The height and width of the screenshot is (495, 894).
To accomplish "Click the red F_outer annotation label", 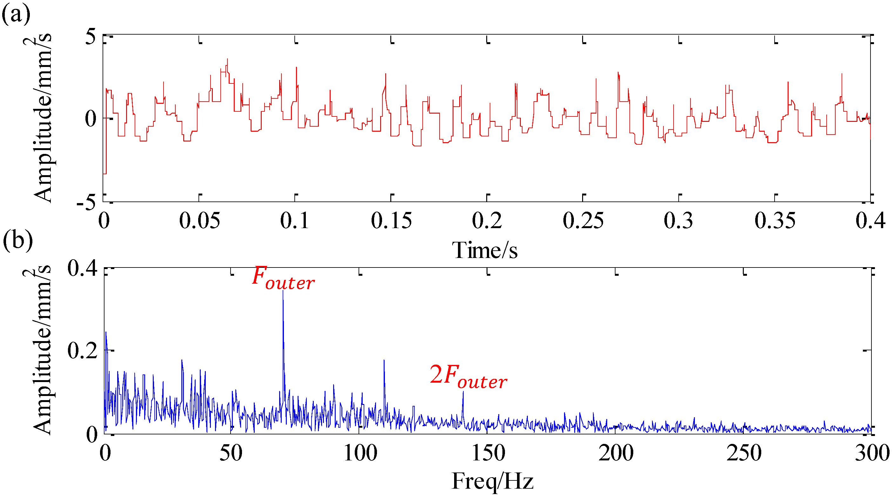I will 283,278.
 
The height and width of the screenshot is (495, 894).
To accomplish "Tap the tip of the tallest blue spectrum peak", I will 283,291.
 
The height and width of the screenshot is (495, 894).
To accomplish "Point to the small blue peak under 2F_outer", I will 463,392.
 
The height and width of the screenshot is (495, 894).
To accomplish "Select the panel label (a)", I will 16,14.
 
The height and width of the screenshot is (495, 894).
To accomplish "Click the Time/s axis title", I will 485,250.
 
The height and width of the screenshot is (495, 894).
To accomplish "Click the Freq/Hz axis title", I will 492,481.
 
